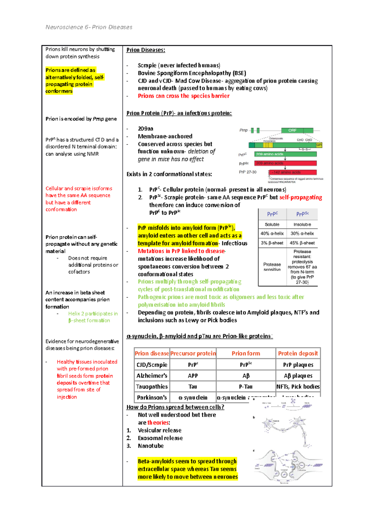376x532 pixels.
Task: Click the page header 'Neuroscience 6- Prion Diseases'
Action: (89, 27)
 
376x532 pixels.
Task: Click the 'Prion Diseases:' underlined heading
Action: (145, 50)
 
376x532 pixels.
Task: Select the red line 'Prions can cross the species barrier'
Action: (183, 96)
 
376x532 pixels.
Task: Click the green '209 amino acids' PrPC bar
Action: (285, 154)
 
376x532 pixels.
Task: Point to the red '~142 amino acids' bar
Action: (293, 172)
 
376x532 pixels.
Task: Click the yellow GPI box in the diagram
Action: (319, 145)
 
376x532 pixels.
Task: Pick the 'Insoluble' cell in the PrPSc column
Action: (302, 225)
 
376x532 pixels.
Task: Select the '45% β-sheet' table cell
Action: (302, 243)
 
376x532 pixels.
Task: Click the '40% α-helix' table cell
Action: (272, 233)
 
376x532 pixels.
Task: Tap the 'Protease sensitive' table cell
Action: (272, 267)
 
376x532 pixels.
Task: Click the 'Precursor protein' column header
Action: (193, 353)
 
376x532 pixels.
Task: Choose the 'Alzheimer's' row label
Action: (152, 376)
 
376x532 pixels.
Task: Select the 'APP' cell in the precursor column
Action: (193, 376)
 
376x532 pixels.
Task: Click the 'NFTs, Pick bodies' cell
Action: (298, 387)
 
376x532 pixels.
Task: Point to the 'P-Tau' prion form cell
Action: (246, 387)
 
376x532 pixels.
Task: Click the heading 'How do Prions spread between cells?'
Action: (175, 407)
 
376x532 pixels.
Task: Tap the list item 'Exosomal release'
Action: (160, 438)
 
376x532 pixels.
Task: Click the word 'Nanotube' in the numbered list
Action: (151, 446)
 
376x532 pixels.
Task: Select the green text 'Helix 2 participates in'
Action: (93, 314)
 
